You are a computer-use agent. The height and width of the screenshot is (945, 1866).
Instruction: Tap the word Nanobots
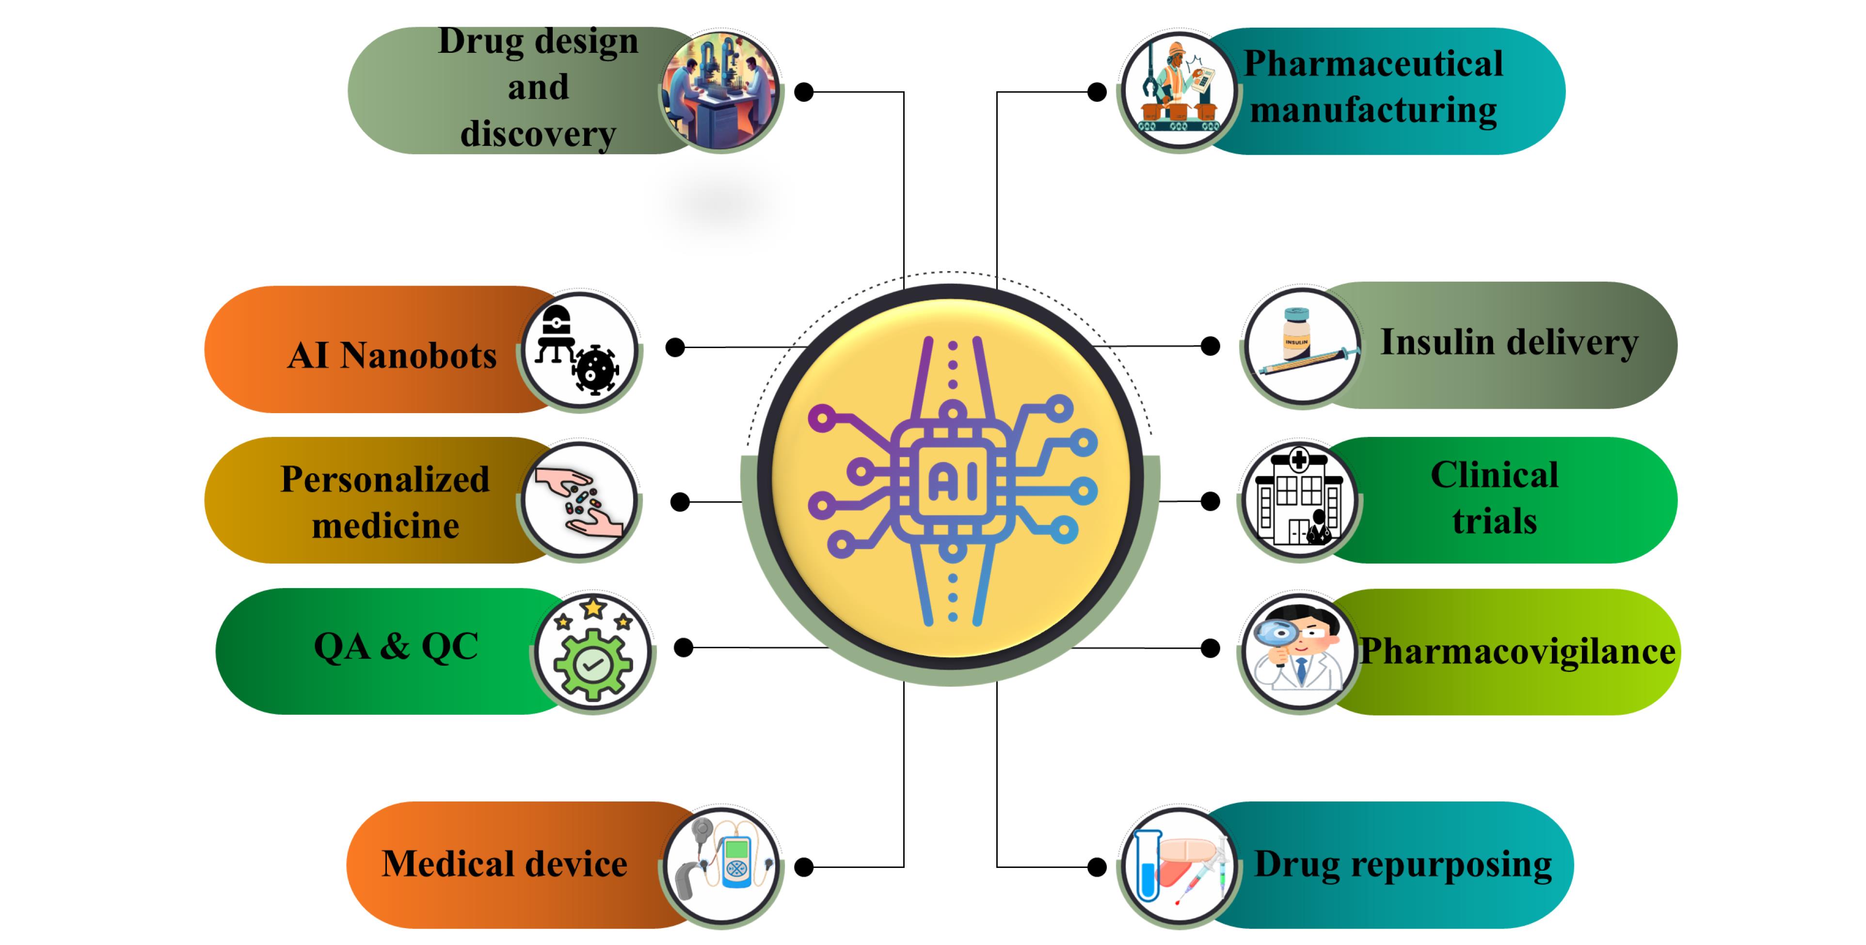pos(419,356)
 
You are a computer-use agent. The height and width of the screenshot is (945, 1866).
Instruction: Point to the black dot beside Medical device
pos(804,867)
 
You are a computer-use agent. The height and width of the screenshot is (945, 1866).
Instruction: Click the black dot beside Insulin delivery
pos(1210,346)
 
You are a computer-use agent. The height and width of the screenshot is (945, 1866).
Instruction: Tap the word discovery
pos(538,134)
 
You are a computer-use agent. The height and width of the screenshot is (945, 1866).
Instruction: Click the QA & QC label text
pos(396,646)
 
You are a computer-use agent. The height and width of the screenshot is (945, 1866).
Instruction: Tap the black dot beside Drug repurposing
pos(1098,867)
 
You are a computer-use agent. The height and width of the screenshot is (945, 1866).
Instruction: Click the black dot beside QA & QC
pos(683,647)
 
